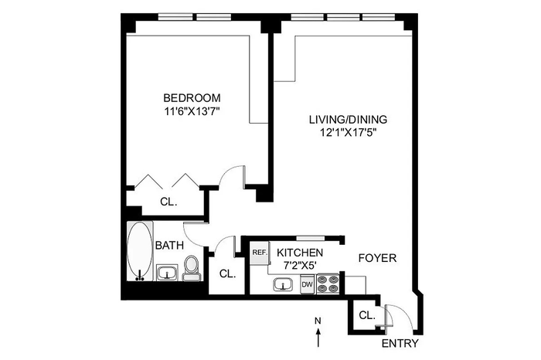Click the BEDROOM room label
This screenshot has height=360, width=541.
(x=192, y=98)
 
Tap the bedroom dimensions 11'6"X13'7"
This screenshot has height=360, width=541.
(x=192, y=111)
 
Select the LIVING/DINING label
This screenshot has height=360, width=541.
(x=348, y=120)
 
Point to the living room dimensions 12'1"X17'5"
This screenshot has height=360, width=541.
(x=348, y=133)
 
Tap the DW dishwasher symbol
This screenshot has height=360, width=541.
(x=307, y=284)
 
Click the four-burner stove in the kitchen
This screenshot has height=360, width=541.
(x=328, y=284)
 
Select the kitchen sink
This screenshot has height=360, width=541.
(x=283, y=285)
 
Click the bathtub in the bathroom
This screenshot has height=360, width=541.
(x=139, y=251)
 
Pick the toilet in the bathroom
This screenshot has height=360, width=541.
(x=191, y=269)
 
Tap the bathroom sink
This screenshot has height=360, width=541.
(x=168, y=273)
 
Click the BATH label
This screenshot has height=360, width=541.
(x=169, y=246)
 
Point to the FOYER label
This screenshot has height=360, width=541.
(x=377, y=258)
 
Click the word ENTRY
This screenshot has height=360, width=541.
(x=400, y=344)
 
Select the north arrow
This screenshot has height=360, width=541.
(x=318, y=338)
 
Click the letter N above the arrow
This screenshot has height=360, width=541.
(x=318, y=321)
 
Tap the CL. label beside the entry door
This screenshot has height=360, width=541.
(x=367, y=315)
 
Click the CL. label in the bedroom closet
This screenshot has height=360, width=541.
(x=168, y=202)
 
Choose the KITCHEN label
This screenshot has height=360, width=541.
(x=300, y=253)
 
